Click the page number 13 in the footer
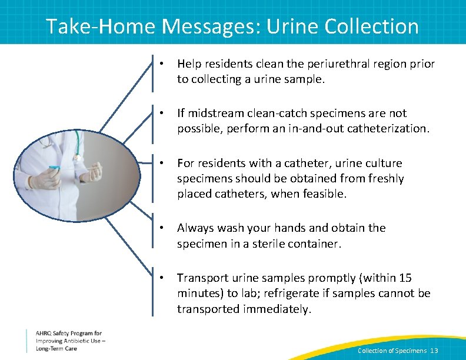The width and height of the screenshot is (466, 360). click(434, 351)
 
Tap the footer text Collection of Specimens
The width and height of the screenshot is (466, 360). click(392, 351)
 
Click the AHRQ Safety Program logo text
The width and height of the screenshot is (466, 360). click(68, 340)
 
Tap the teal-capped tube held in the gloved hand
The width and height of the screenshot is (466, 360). click(55, 168)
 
